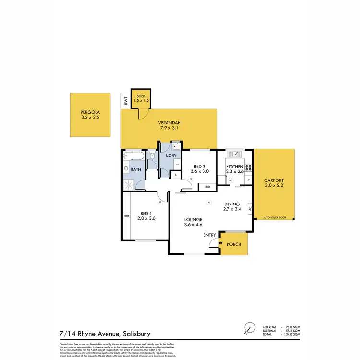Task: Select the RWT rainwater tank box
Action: click(x=125, y=101)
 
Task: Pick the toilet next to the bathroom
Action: click(x=152, y=156)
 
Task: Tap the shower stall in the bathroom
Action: click(x=131, y=184)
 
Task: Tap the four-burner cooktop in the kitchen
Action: click(x=249, y=168)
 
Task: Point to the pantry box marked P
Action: click(x=249, y=180)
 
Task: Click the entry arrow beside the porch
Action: click(x=221, y=244)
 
